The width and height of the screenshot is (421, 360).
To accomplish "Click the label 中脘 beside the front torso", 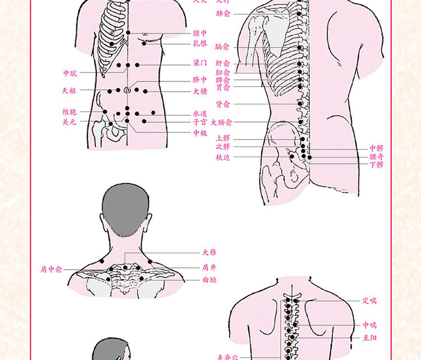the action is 70,73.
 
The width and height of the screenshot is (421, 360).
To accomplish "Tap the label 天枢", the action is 70,90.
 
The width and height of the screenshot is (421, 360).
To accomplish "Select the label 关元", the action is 70,121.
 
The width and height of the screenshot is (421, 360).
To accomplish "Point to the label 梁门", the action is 200,63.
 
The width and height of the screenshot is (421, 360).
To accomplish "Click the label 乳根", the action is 200,42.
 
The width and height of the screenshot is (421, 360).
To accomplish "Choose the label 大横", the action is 200,91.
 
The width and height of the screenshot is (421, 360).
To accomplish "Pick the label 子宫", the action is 200,121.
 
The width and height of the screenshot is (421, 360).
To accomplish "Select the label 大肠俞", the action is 221,122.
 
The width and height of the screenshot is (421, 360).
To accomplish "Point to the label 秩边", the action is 222,158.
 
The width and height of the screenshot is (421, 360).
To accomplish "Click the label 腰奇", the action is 377,157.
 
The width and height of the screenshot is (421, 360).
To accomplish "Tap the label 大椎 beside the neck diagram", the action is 209,253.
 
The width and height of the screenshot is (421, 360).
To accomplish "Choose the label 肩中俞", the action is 52,270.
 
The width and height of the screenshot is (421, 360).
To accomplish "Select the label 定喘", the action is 369,301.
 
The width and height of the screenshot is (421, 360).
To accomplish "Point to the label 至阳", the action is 369,338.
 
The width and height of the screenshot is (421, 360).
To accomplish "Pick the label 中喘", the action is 369,325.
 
